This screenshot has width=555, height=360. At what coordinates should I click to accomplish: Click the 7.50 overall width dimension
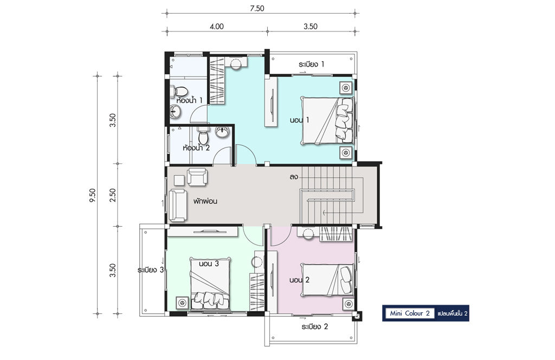point(257,9)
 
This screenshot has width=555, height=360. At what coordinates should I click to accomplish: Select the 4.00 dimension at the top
point(217,27)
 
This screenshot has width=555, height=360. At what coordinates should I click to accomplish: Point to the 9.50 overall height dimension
point(92,195)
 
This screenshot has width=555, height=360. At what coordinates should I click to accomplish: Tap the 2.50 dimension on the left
point(113,195)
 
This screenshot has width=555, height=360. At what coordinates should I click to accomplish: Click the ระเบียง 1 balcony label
point(312,64)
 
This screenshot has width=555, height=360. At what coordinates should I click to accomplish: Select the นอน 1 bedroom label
point(299,120)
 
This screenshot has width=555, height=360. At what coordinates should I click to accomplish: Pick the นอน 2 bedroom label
point(299,280)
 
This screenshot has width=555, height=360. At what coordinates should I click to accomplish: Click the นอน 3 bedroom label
point(209,263)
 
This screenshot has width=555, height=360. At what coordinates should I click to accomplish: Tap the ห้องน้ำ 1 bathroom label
point(189,100)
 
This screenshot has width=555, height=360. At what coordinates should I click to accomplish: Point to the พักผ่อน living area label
point(205,202)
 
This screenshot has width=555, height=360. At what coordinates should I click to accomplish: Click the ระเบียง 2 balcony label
point(315,326)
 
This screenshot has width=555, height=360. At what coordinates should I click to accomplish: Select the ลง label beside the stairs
point(293,177)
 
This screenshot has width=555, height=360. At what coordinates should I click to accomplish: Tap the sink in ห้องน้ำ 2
point(222,132)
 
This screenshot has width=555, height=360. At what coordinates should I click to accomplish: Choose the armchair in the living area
point(197,177)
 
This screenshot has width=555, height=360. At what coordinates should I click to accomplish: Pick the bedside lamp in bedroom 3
point(183,303)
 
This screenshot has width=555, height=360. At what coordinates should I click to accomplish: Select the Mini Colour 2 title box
point(410,313)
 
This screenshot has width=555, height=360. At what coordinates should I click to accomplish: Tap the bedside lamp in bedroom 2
point(349,304)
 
